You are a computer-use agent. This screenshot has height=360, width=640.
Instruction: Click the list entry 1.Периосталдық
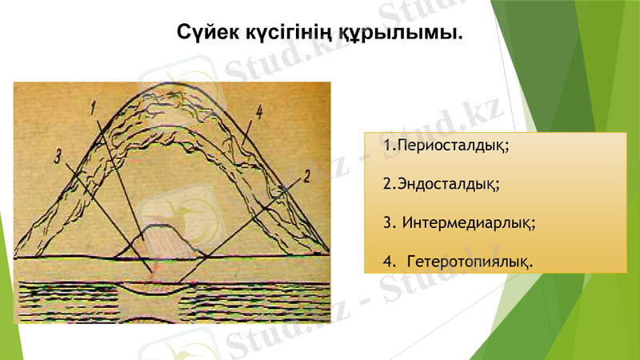(446, 147)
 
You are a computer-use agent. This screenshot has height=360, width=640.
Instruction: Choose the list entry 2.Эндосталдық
(442, 184)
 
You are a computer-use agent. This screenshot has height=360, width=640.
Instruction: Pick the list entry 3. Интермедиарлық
(459, 222)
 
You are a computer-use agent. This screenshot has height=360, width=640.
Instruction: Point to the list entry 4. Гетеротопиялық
(459, 261)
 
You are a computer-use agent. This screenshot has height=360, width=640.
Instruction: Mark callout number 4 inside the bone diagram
(258, 111)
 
